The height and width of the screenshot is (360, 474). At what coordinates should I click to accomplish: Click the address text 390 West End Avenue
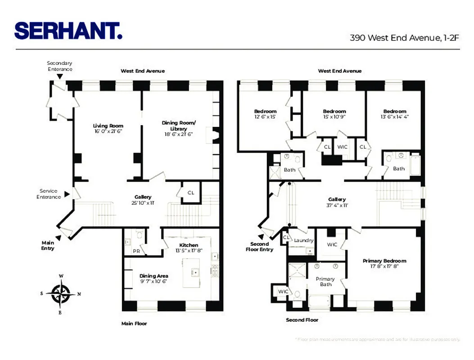pos(404,38)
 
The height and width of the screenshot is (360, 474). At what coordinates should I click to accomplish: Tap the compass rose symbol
pos(60,293)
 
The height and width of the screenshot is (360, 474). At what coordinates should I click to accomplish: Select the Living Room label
pos(108,126)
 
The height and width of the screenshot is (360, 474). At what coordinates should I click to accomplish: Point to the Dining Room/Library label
pos(179,126)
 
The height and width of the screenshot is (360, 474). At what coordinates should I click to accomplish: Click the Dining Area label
pos(154,276)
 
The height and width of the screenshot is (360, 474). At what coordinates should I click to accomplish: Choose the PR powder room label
pos(136,252)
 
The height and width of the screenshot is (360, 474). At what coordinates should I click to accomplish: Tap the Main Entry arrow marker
pos(59,237)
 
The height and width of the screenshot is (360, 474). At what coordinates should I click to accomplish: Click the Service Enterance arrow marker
pos(67,194)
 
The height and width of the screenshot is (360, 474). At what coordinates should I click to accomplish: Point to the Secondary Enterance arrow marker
pos(59,77)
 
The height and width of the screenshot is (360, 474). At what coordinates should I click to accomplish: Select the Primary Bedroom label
pos(384,261)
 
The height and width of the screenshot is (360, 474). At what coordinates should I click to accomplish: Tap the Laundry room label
pos(303,240)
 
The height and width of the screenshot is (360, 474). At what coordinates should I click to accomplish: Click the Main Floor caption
pos(134,323)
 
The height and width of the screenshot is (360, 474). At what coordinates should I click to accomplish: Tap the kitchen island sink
pos(196,273)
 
